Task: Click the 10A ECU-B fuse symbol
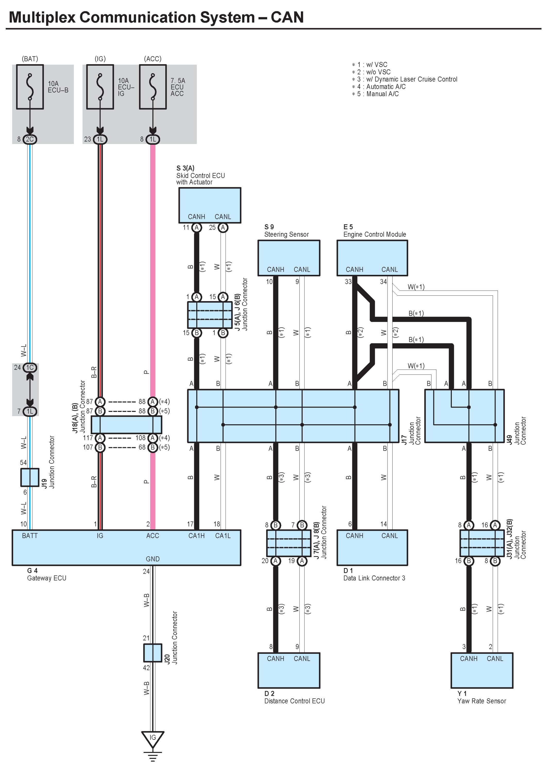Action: pyautogui.click(x=30, y=87)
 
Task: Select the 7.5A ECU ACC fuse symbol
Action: pyautogui.click(x=153, y=87)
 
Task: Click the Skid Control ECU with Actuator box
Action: pyautogui.click(x=210, y=205)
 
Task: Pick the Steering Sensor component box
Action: pyautogui.click(x=289, y=258)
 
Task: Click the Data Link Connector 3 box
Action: pyautogui.click(x=372, y=547)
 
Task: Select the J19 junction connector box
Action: pyautogui.click(x=30, y=477)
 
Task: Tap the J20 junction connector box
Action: pyautogui.click(x=153, y=653)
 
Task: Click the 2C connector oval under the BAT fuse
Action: pyautogui.click(x=30, y=139)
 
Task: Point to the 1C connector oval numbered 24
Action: pyautogui.click(x=30, y=368)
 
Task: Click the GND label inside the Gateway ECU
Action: pyautogui.click(x=153, y=559)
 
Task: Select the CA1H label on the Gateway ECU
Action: pyautogui.click(x=196, y=536)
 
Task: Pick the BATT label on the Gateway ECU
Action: pyautogui.click(x=30, y=536)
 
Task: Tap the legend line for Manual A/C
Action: pyautogui.click(x=375, y=94)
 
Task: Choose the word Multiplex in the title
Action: pyautogui.click(x=42, y=17)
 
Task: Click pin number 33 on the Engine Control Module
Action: pyautogui.click(x=348, y=282)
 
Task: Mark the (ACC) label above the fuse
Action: pyautogui.click(x=153, y=59)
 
